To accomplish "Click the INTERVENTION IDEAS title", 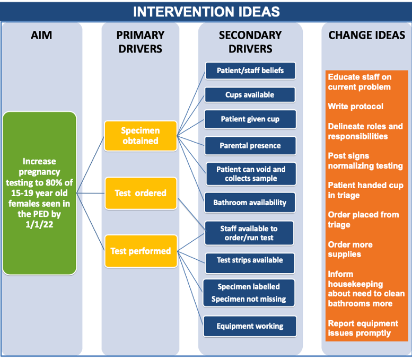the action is (x=206, y=12).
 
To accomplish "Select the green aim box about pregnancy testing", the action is (x=39, y=193).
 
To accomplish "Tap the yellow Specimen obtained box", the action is (x=141, y=136).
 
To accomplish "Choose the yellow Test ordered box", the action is (x=141, y=193).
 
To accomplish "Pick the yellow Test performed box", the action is (x=141, y=251).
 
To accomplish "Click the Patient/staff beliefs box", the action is (x=250, y=71).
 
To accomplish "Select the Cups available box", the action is (x=250, y=94).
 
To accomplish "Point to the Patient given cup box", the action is (x=250, y=119).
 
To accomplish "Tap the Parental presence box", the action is (x=250, y=146).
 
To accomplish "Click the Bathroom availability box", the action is (x=250, y=203).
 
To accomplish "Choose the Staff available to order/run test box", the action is (x=249, y=233).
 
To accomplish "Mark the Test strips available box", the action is (x=250, y=264).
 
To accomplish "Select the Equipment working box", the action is (x=250, y=326).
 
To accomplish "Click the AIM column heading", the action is (x=41, y=35).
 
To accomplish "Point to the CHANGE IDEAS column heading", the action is (x=366, y=35).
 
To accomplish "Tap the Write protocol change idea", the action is (x=355, y=107).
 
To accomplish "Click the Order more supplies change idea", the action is (x=350, y=249).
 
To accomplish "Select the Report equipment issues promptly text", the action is (x=363, y=328).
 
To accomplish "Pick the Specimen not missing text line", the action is (x=249, y=299).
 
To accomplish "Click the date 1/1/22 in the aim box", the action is (x=39, y=224).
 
